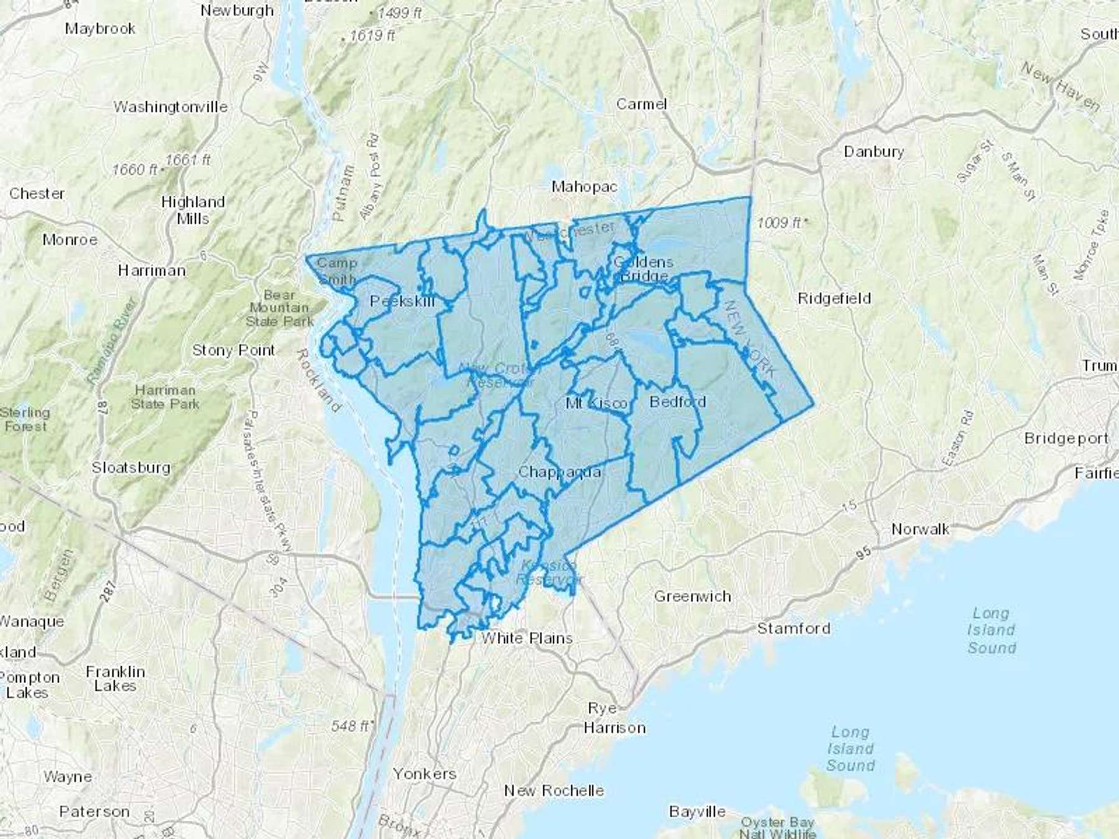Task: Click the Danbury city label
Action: coord(873,152)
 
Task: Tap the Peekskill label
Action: coord(402,301)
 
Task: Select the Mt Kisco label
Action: coord(596,403)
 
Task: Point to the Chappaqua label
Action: coord(559,472)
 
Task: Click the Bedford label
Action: coord(678,401)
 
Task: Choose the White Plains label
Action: coord(527,638)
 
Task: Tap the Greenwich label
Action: coord(693,597)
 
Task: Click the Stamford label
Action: coord(794,628)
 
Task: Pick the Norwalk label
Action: coord(920,529)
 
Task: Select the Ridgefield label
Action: coord(834,298)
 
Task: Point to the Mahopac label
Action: coord(584,186)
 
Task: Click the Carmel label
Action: coord(642,104)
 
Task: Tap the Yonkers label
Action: coord(425,774)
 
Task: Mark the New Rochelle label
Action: coord(554,791)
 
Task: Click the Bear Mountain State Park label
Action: coord(279,308)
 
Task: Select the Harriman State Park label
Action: coord(165,397)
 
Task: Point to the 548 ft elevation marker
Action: coord(351,726)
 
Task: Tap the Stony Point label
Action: coord(233,351)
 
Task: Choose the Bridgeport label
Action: coord(1066,438)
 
